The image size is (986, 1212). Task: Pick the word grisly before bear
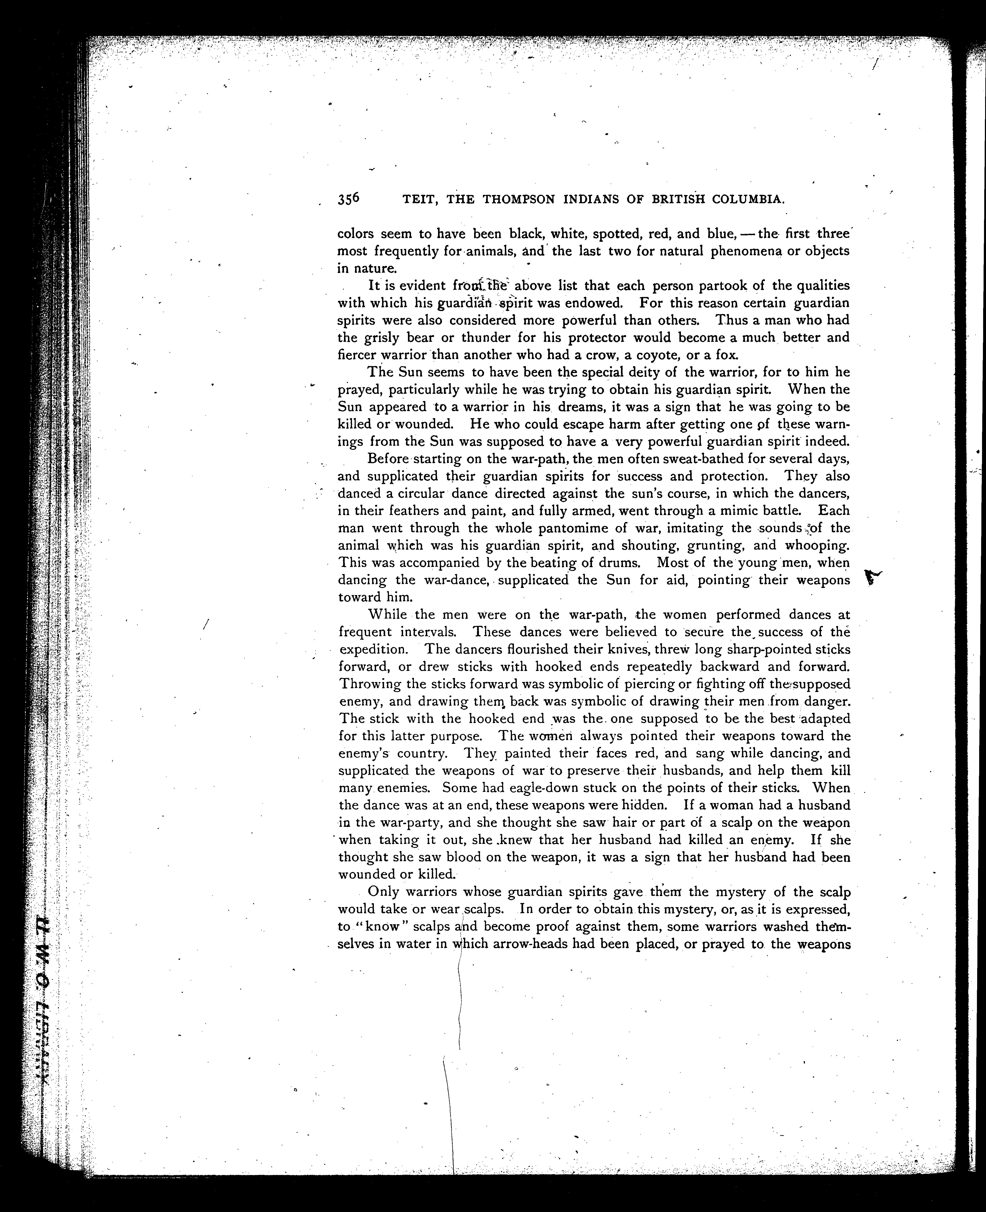coord(385,338)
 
